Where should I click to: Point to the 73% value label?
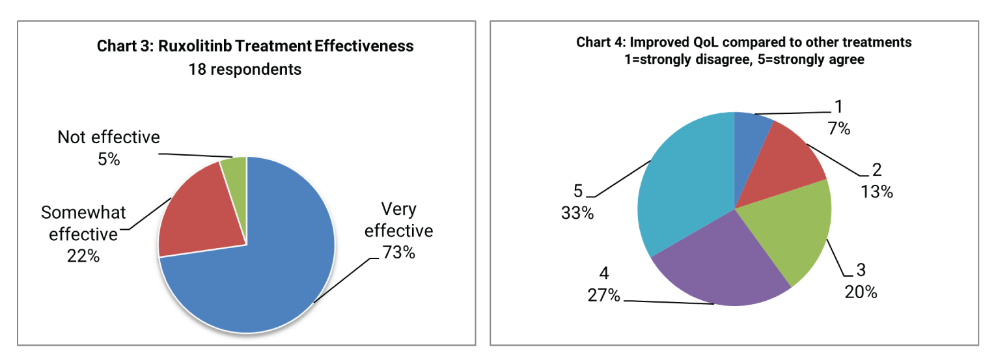click(398, 253)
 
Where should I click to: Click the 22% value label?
click(83, 256)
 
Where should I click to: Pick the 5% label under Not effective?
click(108, 159)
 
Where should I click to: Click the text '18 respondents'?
click(245, 69)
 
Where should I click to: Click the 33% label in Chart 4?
click(577, 213)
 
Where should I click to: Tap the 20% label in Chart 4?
click(861, 292)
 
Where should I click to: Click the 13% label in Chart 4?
click(876, 192)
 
